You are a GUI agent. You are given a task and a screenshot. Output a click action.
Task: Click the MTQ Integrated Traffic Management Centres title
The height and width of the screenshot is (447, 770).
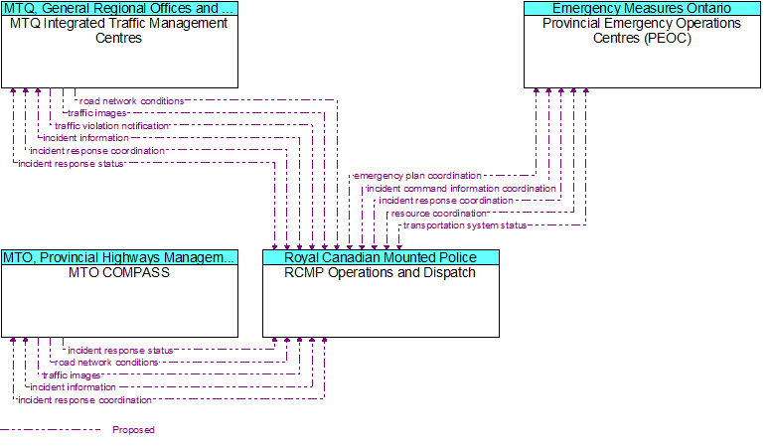119,31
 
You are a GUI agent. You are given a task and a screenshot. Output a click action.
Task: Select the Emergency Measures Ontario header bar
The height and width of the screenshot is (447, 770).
642,8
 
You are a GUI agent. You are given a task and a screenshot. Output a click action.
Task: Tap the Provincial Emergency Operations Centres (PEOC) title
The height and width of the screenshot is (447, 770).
642,31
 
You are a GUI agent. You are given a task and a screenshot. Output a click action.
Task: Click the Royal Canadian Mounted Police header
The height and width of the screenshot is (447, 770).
381,257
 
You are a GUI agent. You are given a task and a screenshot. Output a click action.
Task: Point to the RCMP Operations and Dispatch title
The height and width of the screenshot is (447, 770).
381,272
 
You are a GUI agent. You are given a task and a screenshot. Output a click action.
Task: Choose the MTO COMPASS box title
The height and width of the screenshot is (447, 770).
119,272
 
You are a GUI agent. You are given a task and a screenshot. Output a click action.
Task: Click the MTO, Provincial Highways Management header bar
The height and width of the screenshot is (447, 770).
119,257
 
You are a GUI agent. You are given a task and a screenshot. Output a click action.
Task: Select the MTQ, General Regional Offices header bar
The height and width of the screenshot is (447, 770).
119,8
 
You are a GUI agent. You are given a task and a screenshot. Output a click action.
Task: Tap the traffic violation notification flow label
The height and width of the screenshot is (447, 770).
112,126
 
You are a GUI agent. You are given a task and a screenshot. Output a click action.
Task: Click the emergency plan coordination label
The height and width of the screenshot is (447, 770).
418,176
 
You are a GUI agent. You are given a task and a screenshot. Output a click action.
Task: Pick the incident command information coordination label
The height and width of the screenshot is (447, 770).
461,188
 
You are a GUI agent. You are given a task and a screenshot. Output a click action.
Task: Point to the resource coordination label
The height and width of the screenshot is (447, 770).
438,214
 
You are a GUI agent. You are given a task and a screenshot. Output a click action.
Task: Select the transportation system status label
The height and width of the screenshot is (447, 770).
465,225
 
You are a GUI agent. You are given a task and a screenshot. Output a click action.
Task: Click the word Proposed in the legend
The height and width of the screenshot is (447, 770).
133,430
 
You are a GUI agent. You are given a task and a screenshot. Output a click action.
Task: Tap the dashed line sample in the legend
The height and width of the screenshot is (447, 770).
51,430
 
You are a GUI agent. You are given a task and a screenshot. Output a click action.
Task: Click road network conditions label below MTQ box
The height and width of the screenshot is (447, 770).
131,100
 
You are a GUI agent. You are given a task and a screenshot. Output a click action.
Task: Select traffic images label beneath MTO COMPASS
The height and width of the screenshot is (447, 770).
72,375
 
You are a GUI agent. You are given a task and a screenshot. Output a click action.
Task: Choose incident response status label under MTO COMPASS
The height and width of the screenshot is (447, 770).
120,351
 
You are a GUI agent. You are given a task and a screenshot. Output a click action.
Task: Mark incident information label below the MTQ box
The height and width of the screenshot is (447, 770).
85,138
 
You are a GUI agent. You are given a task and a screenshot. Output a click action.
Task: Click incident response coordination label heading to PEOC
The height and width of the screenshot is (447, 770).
446,201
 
